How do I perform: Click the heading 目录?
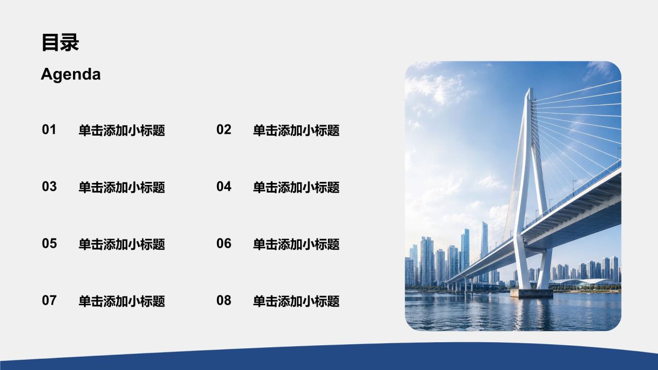(x=60, y=43)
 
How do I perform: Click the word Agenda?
(x=71, y=74)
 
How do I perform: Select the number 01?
(x=49, y=129)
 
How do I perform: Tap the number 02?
(x=224, y=129)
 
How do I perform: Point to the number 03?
(x=49, y=187)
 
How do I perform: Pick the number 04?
(x=224, y=187)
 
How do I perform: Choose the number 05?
(x=49, y=244)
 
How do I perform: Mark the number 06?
(x=224, y=244)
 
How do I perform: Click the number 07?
(x=49, y=301)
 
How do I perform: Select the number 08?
(x=224, y=301)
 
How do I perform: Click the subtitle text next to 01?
(x=122, y=131)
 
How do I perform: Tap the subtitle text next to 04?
(x=296, y=188)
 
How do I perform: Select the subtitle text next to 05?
(x=122, y=244)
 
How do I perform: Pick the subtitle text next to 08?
(x=296, y=301)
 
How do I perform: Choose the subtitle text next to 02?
(x=296, y=131)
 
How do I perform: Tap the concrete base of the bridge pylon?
(x=531, y=293)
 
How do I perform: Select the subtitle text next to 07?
(x=122, y=301)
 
